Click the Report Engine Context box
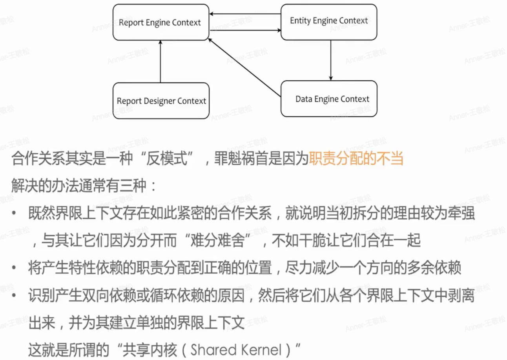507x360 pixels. (160, 22)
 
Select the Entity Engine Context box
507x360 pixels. (329, 21)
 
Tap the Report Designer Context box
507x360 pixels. (161, 101)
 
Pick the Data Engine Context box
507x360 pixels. (329, 99)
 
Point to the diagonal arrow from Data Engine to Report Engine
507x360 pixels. (245, 67)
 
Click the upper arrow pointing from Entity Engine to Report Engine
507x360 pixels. (245, 15)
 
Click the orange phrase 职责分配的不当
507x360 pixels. (356, 158)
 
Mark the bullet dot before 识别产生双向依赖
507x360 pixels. (15, 295)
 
